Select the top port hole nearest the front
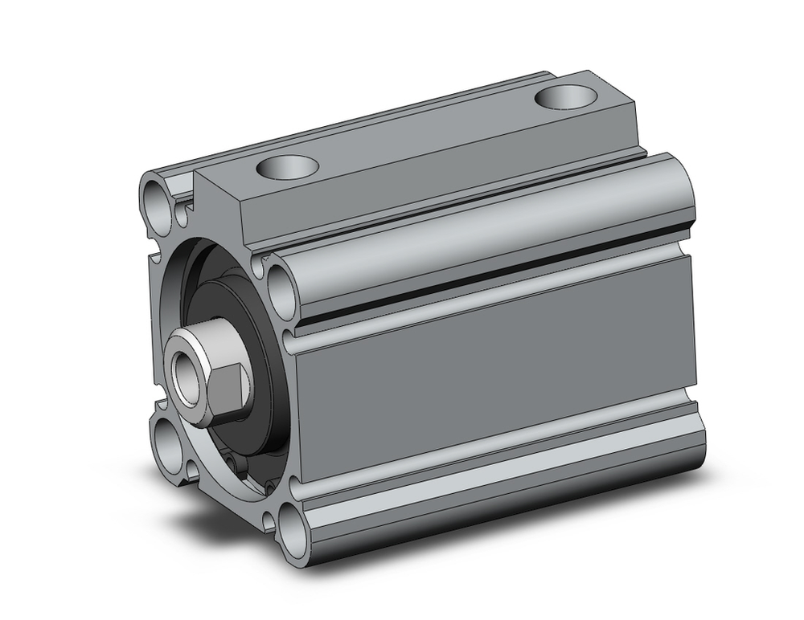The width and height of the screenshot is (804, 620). [x=288, y=168]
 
